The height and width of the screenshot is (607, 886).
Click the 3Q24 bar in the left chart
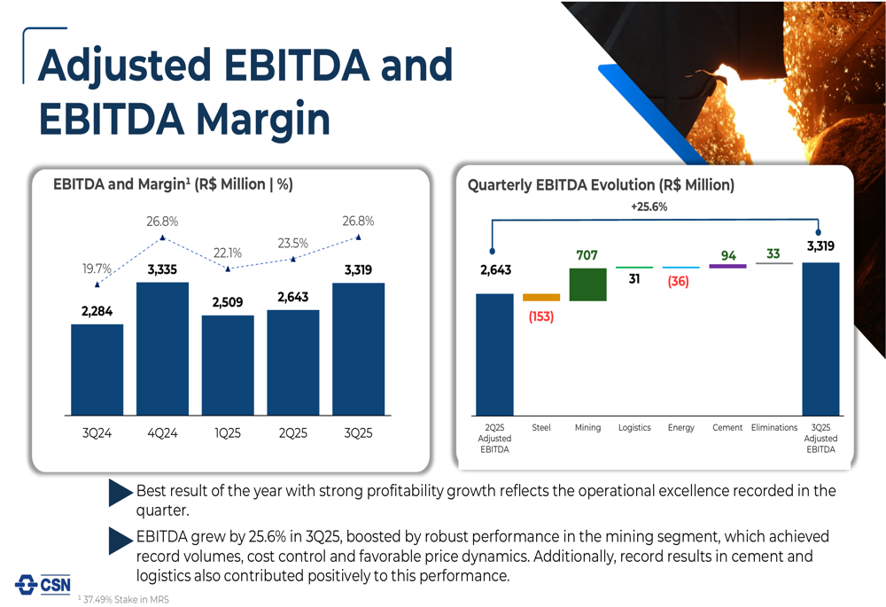97,370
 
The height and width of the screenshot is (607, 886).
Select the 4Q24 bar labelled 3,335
162,348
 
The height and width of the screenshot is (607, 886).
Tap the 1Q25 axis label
228,434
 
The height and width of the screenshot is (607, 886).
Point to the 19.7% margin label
97,268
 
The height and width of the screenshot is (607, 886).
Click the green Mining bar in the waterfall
587,284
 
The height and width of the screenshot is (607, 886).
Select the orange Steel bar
541,298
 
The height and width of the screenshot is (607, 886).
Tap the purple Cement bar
727,266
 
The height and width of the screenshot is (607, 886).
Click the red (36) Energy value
679,282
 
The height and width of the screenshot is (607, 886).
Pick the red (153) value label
540,316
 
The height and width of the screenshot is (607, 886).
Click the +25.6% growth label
649,206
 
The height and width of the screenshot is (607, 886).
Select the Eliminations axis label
774,428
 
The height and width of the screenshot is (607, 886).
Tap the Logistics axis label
634,428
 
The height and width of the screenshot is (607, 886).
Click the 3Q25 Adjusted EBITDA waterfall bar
820,339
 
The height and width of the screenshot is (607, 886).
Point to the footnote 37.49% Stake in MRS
123,600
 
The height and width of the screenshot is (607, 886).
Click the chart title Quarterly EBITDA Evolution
601,185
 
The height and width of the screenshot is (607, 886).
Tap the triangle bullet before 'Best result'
120,493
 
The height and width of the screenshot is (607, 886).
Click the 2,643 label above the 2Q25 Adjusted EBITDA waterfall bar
494,270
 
